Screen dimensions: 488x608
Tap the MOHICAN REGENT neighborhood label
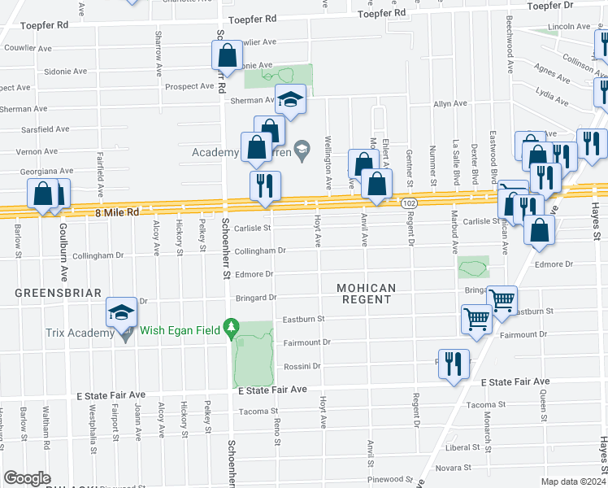click(x=366, y=294)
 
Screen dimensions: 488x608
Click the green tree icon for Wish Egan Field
click(x=232, y=329)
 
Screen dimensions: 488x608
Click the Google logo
click(x=27, y=478)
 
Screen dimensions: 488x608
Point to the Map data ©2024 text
click(x=572, y=481)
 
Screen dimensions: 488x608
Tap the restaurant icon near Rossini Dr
click(x=454, y=364)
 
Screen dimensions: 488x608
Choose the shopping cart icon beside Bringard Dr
click(x=502, y=300)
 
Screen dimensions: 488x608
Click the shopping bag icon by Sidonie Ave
click(x=227, y=56)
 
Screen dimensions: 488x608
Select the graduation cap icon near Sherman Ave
click(x=290, y=99)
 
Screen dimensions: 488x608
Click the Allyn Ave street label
click(x=450, y=104)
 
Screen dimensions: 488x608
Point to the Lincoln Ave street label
click(x=568, y=27)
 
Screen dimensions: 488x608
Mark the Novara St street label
click(x=455, y=468)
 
